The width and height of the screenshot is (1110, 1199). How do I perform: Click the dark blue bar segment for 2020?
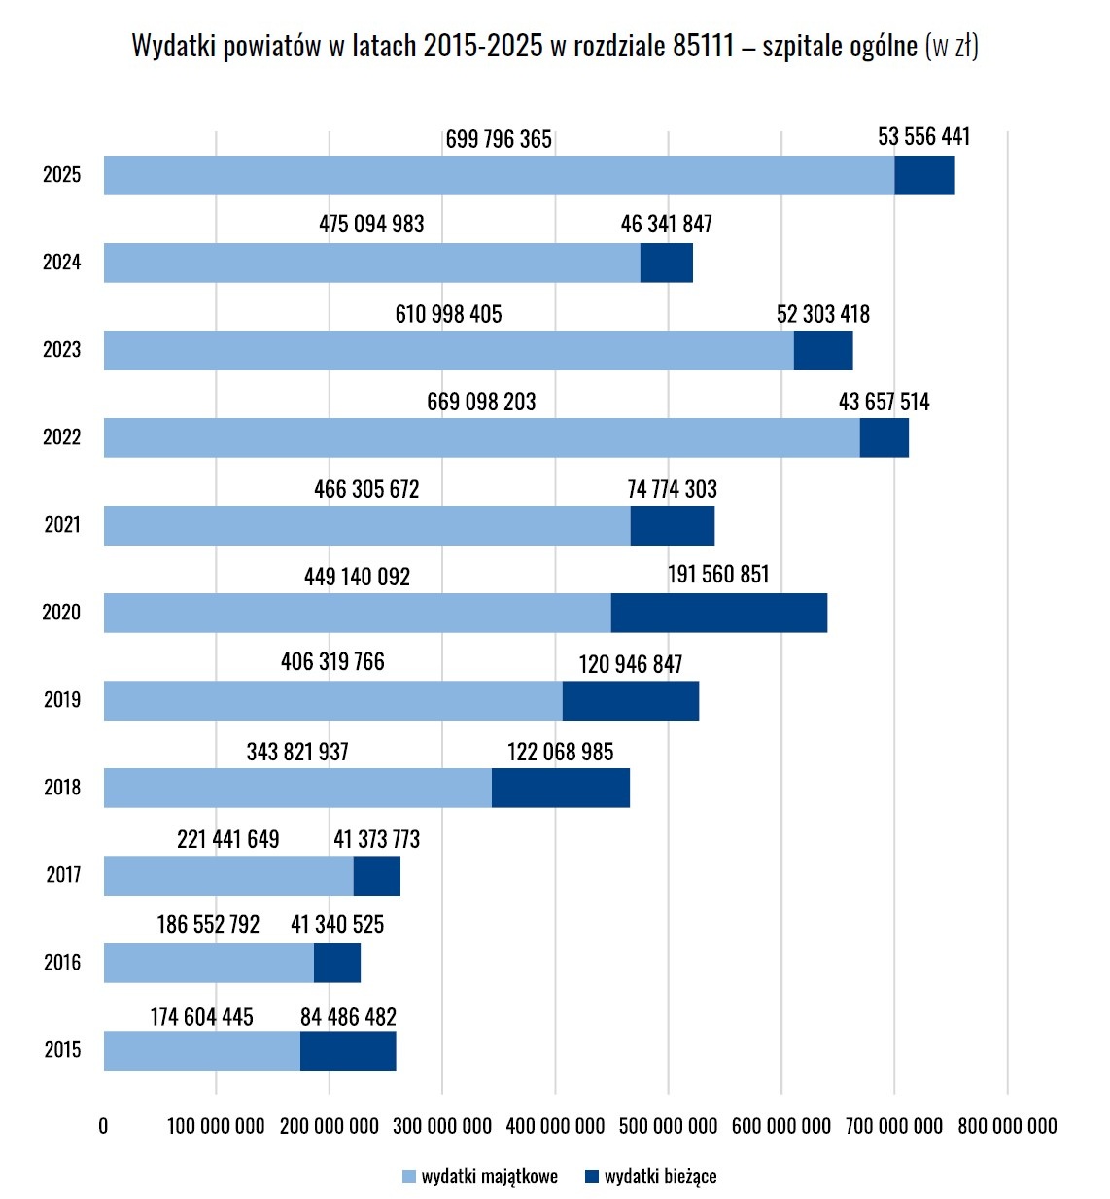pos(719,613)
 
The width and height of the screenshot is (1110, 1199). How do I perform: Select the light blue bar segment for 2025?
pos(500,175)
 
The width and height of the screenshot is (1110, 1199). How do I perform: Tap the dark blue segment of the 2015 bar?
pos(348,1050)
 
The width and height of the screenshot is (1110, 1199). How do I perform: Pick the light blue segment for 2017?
pos(228,875)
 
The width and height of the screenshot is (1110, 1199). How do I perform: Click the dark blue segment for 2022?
pos(885,438)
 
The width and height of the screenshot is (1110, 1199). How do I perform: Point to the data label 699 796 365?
pos(499,139)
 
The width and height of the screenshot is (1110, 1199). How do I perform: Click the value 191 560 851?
pos(718,574)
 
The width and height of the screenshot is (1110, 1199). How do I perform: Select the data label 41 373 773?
pos(376,839)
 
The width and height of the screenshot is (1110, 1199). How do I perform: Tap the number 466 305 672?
pos(366,489)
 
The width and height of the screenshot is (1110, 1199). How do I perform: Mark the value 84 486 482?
pos(348,1017)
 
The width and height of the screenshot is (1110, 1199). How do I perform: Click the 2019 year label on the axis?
pos(62,700)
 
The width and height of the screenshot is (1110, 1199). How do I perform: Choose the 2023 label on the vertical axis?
pos(61,349)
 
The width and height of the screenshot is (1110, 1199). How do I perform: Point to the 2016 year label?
pos(62,963)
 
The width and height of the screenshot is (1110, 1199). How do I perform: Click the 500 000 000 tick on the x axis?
pos(668,1126)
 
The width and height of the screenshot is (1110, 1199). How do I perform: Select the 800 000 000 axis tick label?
pos(1007,1126)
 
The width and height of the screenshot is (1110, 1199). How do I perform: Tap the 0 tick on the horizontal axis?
pos(103,1126)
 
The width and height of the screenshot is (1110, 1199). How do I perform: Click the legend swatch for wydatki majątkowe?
pos(409,1177)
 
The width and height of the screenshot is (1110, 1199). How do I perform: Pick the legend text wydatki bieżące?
pos(660,1176)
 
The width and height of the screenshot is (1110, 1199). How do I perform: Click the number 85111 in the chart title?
pos(704,46)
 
